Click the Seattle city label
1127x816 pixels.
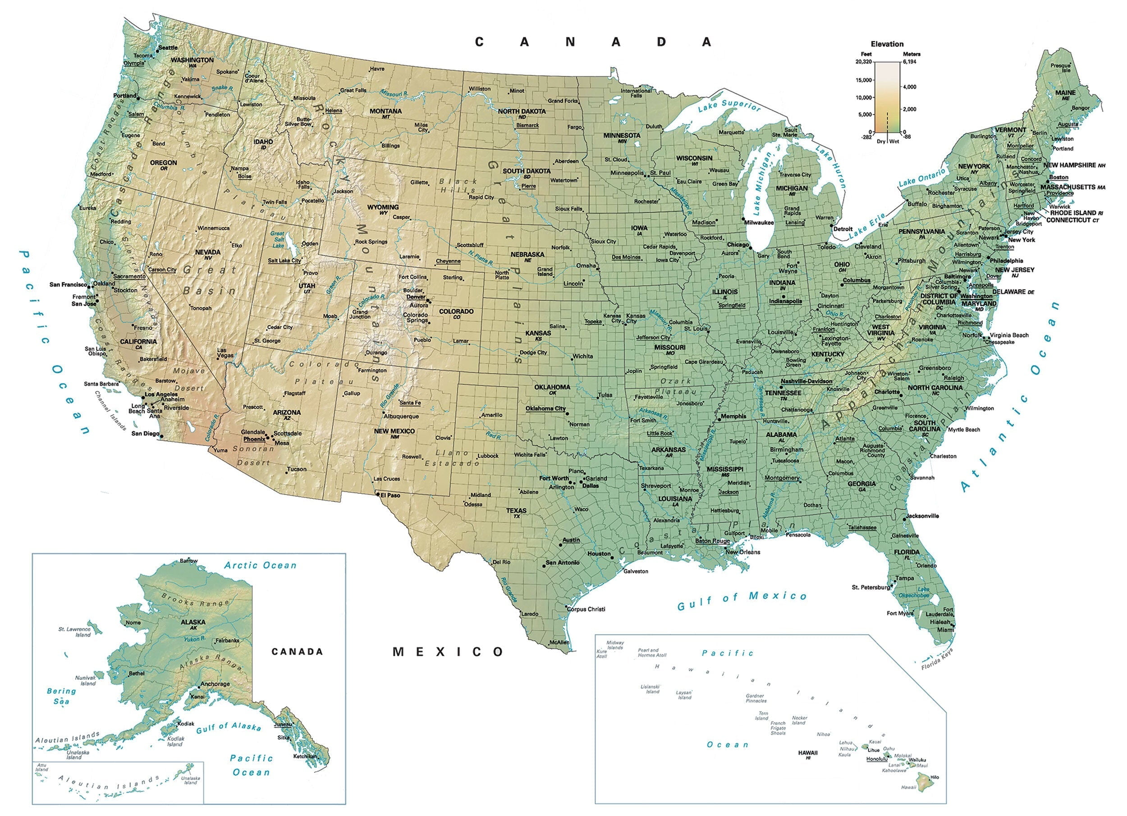(x=168, y=48)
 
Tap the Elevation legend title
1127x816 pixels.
(x=887, y=44)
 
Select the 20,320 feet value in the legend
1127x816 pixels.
(x=864, y=62)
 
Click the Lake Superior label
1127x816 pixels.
(x=729, y=106)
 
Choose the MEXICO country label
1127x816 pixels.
(x=448, y=651)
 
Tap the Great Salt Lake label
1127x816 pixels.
(x=277, y=239)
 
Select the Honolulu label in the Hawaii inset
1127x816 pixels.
(x=876, y=759)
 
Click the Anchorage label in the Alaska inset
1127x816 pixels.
(x=215, y=684)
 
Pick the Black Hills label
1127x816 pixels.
(x=458, y=185)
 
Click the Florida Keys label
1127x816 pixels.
(x=937, y=660)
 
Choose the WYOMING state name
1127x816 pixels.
(x=383, y=207)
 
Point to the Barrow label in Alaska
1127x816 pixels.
(x=188, y=560)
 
